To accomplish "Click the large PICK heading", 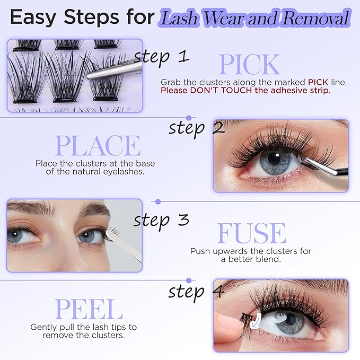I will coord(249,65).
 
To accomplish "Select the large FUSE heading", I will coord(251,233).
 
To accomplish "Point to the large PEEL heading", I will coord(89,310).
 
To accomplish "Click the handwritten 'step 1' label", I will coord(162,56).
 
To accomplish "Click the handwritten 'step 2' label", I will coord(197,128).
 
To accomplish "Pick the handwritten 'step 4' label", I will coord(197,291).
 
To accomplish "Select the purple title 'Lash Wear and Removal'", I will coord(256,19).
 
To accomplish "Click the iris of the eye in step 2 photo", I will coord(275,162).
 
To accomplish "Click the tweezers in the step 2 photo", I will coord(329,169).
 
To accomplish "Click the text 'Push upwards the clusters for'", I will coord(251,251).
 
